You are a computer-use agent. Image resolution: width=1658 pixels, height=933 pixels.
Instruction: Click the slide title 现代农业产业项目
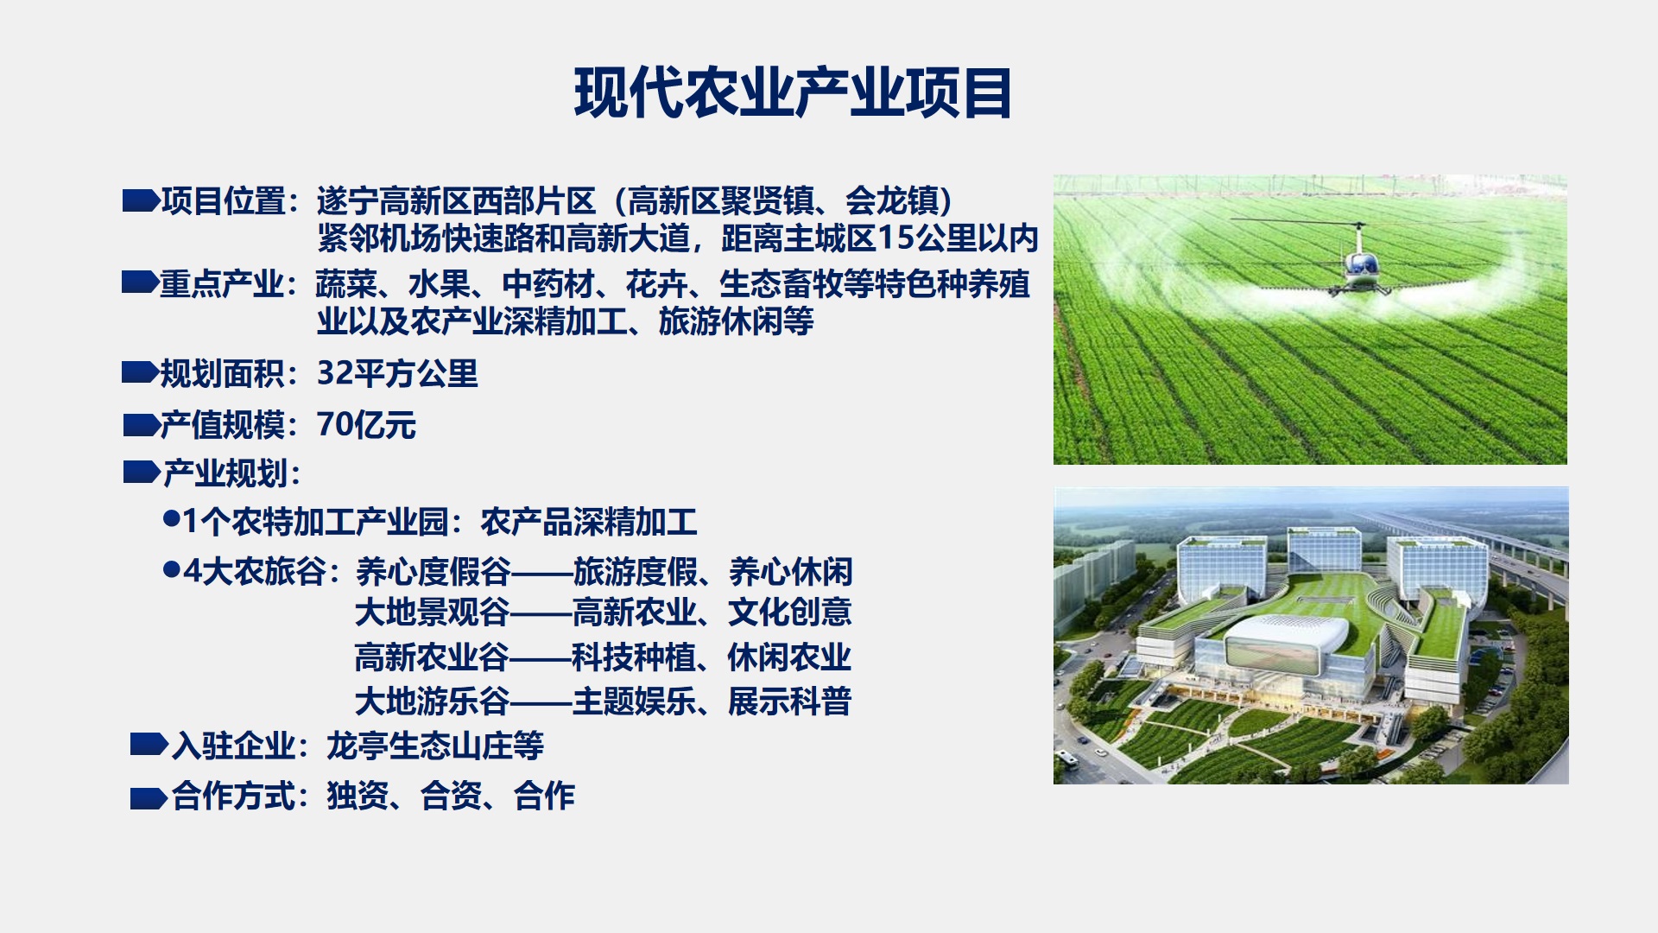(793, 92)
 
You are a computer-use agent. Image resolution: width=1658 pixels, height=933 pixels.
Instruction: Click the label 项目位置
(224, 201)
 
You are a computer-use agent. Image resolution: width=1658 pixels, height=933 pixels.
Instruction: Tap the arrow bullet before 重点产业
(140, 282)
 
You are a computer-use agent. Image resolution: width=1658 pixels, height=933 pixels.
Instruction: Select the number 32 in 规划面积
(335, 373)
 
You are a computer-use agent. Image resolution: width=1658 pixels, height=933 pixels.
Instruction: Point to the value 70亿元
(367, 425)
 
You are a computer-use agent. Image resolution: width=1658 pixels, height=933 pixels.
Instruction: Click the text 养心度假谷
(433, 572)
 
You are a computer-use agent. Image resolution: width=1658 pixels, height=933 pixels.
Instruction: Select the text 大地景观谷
(433, 612)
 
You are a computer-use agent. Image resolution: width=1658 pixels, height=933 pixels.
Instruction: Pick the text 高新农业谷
(433, 657)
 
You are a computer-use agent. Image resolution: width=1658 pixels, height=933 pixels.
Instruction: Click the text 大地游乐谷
(433, 701)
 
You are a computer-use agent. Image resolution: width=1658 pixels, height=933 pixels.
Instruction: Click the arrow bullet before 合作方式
(149, 797)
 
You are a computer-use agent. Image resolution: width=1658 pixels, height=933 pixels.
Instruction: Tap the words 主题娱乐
(634, 701)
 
